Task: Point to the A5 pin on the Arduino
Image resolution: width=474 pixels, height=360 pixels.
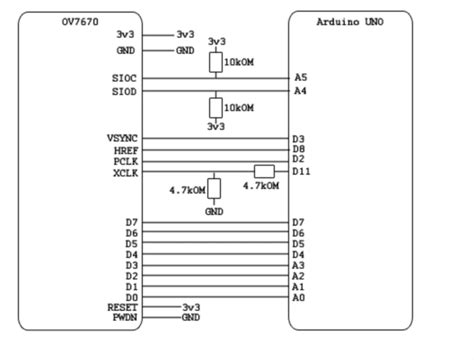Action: click(x=300, y=77)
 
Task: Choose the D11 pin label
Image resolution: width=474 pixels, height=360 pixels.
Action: click(x=303, y=172)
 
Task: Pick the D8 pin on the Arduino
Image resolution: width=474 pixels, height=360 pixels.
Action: click(x=298, y=149)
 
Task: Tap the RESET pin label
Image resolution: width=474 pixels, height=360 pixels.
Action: click(x=122, y=307)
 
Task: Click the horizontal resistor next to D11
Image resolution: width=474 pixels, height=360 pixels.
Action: click(x=264, y=171)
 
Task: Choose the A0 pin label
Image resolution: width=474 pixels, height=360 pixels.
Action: click(x=298, y=297)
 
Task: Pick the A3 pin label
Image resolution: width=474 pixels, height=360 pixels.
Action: click(x=298, y=264)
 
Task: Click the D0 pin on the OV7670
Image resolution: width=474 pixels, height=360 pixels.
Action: click(x=131, y=297)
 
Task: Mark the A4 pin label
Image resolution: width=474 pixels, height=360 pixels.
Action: click(x=300, y=91)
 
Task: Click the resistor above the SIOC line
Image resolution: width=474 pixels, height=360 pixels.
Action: click(x=215, y=62)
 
